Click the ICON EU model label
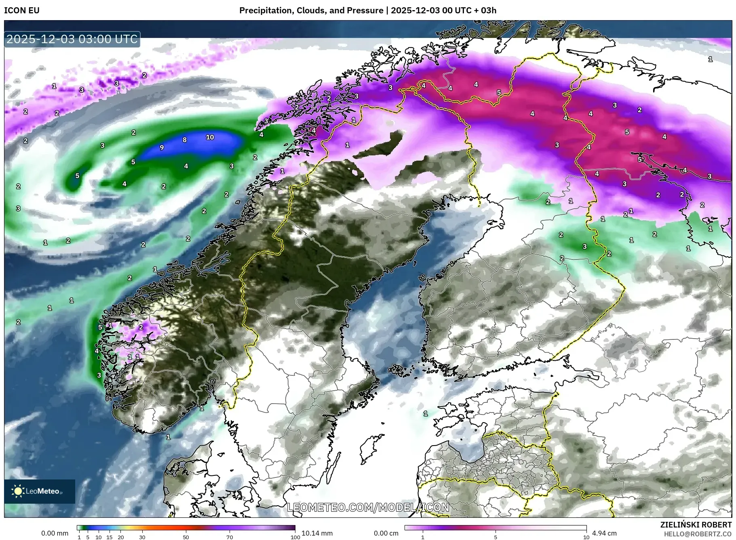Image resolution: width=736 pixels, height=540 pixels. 22,10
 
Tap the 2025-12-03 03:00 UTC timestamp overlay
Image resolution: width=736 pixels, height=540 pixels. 72,39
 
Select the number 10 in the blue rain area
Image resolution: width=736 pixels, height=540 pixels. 210,137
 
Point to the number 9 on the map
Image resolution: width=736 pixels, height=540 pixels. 162,148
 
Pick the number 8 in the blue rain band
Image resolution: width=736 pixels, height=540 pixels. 185,140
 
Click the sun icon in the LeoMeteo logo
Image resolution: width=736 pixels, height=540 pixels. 18,491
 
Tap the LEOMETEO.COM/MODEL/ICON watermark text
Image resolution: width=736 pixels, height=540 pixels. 368,507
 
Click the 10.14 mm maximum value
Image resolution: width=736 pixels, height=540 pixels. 317,533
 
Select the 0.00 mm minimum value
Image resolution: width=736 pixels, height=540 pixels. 55,533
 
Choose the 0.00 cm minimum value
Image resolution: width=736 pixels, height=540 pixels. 386,533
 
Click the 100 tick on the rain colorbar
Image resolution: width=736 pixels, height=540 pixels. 295,537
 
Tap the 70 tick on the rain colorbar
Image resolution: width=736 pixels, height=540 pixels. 230,537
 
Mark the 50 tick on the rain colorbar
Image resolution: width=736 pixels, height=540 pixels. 186,537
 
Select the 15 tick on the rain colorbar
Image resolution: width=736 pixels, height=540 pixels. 110,537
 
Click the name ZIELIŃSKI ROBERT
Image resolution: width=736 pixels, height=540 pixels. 696,525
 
